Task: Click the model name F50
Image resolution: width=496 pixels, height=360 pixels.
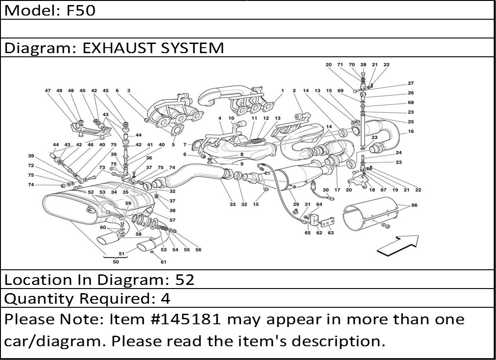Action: pos(81,11)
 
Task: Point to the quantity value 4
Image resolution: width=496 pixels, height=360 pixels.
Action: pos(165,299)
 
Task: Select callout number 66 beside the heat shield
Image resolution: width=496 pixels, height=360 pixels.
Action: pos(414,205)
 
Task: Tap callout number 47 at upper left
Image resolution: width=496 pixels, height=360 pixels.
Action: pos(48,91)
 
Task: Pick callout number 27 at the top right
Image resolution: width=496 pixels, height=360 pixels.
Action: pos(410,83)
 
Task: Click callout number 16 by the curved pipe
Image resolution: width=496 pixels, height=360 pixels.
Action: pos(411,131)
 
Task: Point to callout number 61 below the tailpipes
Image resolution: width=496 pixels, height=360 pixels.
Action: pos(163,262)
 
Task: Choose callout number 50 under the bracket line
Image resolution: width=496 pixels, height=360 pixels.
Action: pos(115,262)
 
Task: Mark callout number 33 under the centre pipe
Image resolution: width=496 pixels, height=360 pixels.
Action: pos(233,204)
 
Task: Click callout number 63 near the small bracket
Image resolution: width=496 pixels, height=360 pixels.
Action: pos(331,233)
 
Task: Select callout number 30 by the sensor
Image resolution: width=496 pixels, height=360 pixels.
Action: pos(326,190)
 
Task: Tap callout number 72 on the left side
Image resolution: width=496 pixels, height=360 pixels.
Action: pos(31,165)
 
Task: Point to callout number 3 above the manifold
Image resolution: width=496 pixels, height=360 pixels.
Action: pos(129,91)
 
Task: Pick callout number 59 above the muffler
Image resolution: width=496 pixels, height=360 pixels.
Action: pos(128,203)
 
